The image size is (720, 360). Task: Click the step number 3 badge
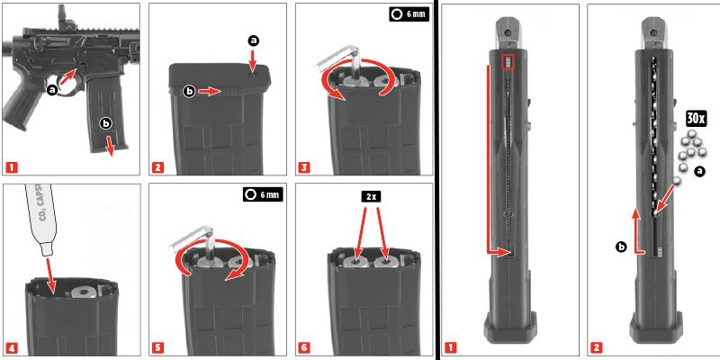click(x=303, y=167)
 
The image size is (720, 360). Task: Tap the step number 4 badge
click(x=11, y=348)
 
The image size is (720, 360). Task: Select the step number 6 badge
click(x=303, y=348)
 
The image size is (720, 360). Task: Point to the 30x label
click(x=696, y=118)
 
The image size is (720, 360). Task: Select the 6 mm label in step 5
click(x=263, y=194)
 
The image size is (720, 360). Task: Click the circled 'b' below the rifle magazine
click(x=106, y=122)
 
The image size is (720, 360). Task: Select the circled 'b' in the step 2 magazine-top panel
click(x=190, y=91)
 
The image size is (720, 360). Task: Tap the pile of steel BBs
click(x=691, y=148)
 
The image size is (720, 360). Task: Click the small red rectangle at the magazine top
click(x=508, y=61)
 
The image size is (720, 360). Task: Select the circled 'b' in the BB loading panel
click(x=621, y=246)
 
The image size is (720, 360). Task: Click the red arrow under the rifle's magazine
click(x=109, y=146)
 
